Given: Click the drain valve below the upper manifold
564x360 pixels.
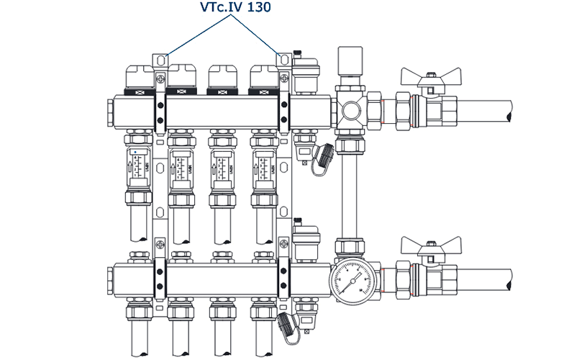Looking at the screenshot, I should pyautogui.click(x=322, y=154).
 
